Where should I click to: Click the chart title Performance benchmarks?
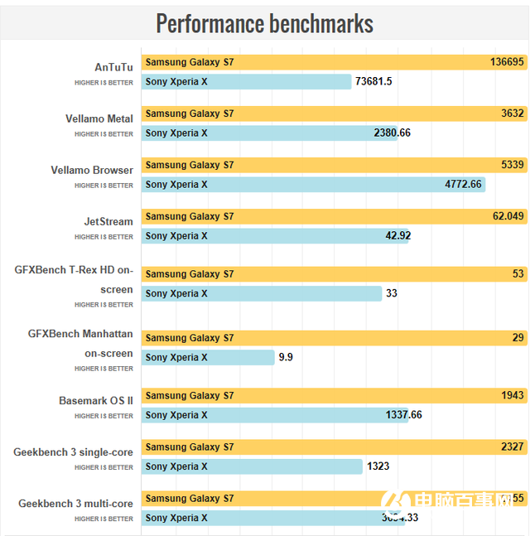coord(264,23)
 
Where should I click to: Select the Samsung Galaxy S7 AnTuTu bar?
coord(331,62)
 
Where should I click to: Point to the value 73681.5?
coord(373,81)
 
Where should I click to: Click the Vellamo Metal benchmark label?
coord(99,118)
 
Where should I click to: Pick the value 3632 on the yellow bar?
coord(513,113)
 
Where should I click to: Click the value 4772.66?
coord(463,184)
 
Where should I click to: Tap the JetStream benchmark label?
coord(108,221)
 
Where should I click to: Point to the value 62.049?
coord(508,216)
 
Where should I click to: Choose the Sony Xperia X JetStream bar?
coord(273,235)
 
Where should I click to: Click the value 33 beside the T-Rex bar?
coord(392,293)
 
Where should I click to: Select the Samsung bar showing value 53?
coord(331,274)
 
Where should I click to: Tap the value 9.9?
coord(286,357)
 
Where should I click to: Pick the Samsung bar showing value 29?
coord(331,338)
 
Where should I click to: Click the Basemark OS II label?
coord(96,401)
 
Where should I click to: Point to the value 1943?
coord(513,395)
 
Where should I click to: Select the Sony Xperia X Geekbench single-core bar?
coord(253,466)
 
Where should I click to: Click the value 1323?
coord(378,466)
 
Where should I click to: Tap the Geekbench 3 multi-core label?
coord(75,504)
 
